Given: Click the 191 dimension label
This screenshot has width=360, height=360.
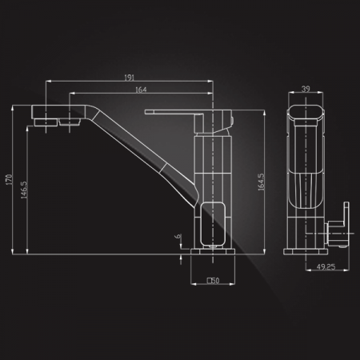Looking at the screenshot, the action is click(x=130, y=78).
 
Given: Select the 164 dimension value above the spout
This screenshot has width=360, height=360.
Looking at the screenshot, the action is click(x=141, y=90).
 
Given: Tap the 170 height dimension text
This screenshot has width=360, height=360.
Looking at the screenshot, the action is click(x=9, y=179).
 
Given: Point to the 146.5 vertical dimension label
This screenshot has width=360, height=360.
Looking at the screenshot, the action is click(x=24, y=190).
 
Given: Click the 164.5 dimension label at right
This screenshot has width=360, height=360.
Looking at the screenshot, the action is click(x=261, y=182).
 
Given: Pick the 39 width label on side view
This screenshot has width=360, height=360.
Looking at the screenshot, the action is click(x=306, y=89).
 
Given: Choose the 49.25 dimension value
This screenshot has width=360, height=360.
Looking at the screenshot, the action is click(x=326, y=266).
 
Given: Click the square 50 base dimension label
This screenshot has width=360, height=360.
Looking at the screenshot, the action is click(x=214, y=281).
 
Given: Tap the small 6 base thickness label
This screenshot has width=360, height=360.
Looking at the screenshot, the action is click(x=178, y=236).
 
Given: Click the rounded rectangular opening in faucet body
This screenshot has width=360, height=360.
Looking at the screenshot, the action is click(x=213, y=224).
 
